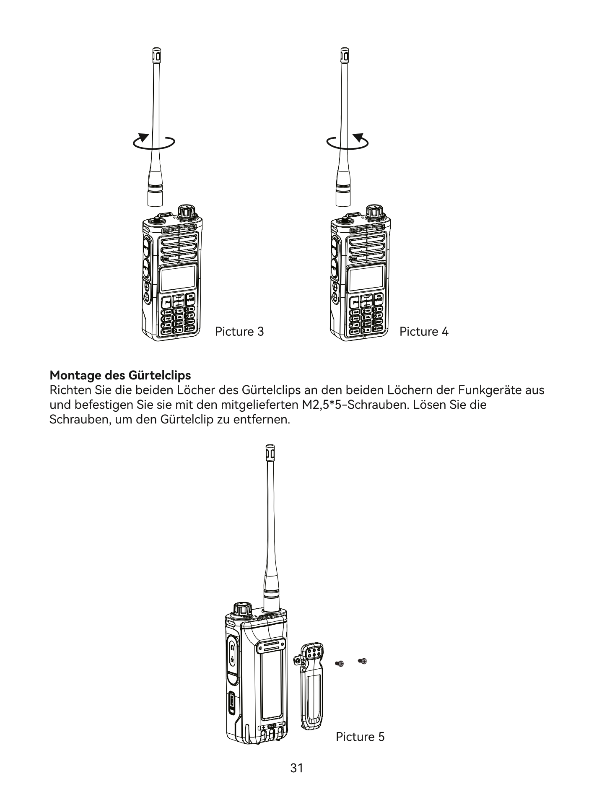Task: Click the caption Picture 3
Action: (239, 332)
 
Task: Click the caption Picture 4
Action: (423, 332)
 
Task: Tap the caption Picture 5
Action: (360, 737)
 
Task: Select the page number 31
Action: (296, 768)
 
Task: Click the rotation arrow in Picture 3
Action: (153, 142)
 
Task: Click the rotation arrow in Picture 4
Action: (348, 142)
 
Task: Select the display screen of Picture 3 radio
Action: (178, 278)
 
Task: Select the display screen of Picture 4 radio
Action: (366, 278)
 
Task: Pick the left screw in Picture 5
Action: (340, 663)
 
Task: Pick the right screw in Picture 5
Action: (363, 661)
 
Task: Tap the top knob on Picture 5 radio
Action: (242, 609)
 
